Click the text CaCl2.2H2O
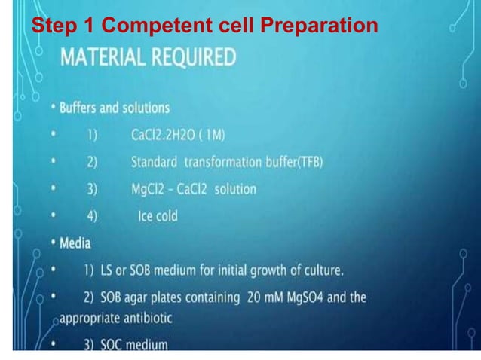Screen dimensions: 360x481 pyautogui.click(x=163, y=135)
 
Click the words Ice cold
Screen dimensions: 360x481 pyautogui.click(x=158, y=216)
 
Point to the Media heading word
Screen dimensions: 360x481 pyautogui.click(x=75, y=243)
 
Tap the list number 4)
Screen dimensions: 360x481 pyautogui.click(x=92, y=216)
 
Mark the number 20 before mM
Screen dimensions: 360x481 pyautogui.click(x=253, y=297)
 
